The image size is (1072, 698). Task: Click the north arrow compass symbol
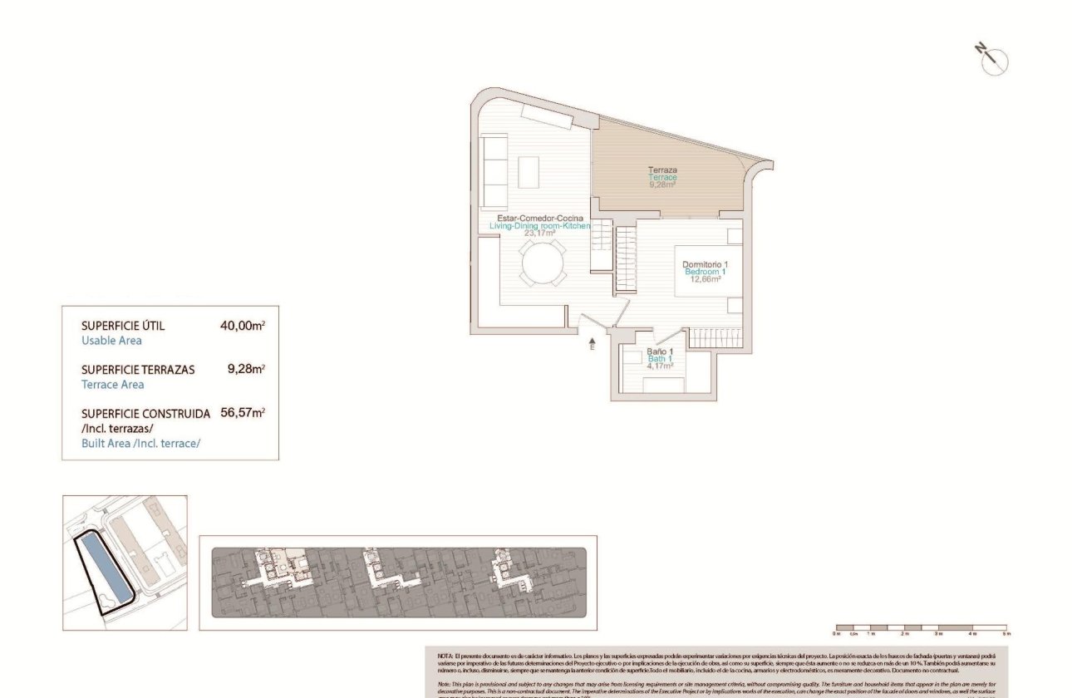(993, 61)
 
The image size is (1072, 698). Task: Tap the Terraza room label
(662, 170)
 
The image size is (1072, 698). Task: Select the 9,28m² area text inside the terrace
(662, 184)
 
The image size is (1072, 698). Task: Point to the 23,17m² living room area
(539, 233)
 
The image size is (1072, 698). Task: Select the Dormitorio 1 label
(706, 264)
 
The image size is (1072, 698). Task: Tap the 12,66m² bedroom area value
(706, 279)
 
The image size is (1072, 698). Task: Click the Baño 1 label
(660, 351)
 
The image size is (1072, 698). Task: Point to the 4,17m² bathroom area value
(661, 366)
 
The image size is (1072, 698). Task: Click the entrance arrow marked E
(593, 343)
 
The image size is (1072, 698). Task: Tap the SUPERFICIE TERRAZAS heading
(138, 369)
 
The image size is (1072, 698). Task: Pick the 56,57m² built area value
(242, 412)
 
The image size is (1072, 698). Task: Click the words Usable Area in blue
(111, 341)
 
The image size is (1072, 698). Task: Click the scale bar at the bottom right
(921, 628)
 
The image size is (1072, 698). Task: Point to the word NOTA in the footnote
(445, 656)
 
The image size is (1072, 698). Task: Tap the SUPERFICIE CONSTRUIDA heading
(145, 413)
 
